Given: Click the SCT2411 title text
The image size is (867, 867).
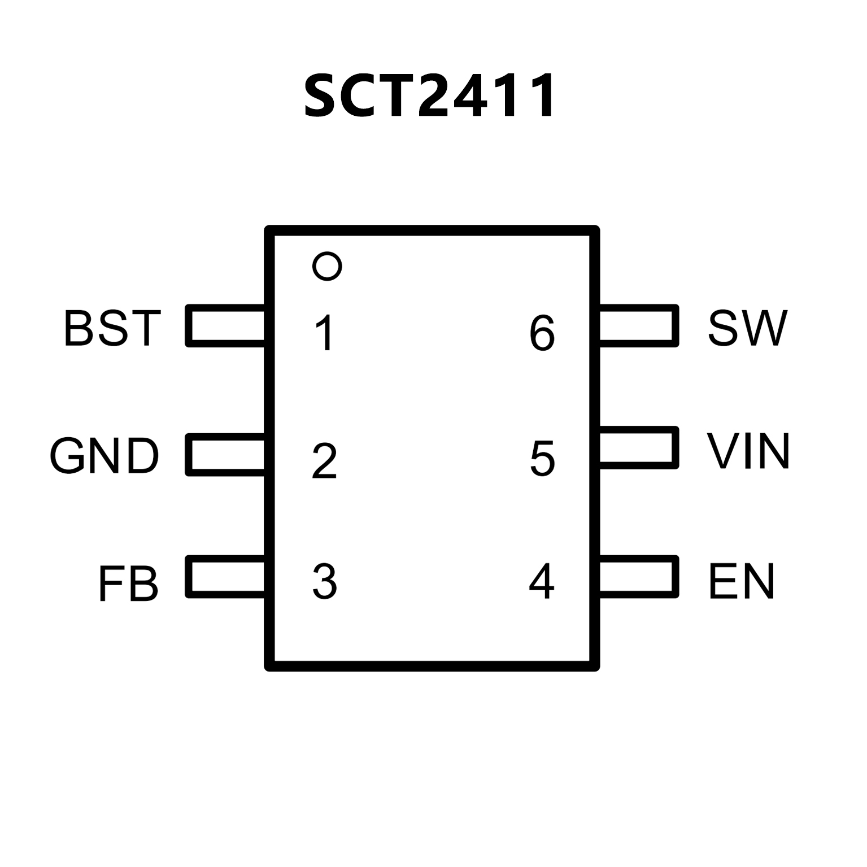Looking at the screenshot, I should [x=429, y=96].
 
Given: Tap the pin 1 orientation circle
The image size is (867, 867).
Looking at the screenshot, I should [x=327, y=265].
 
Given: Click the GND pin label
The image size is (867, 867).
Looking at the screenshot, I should [x=104, y=456].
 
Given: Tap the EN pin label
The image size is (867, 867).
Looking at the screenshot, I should [x=741, y=581].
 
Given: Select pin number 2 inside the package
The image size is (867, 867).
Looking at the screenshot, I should [x=324, y=461].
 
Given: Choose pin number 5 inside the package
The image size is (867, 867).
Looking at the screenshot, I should [x=542, y=458].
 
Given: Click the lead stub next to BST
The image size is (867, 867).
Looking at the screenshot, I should [x=226, y=326].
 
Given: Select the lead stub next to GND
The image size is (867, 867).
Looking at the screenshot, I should [x=226, y=455].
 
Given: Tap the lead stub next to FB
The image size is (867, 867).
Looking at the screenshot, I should [x=226, y=577].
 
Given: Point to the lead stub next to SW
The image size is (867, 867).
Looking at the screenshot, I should [x=638, y=326].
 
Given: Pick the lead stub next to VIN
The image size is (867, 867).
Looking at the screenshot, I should [x=638, y=447].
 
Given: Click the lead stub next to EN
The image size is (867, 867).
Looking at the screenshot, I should [x=638, y=577].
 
